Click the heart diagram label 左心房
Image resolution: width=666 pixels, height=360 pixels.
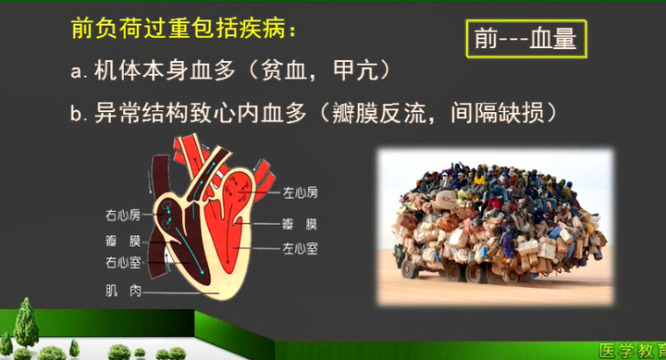pos(301,192)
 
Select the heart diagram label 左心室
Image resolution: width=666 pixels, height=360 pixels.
pos(301,248)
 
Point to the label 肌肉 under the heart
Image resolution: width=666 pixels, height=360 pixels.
pos(123,291)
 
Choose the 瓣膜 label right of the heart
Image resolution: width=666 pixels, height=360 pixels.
pos(301,224)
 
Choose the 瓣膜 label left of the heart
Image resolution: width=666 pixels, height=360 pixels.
pos(122,240)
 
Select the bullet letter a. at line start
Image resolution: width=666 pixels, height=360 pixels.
pos(78,71)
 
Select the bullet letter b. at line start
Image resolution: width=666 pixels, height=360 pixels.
pos(78,114)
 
